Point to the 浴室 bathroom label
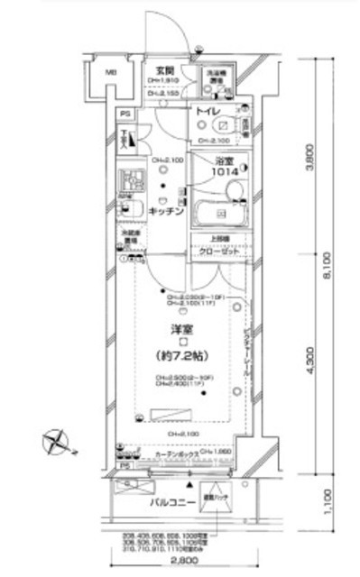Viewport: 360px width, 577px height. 225,160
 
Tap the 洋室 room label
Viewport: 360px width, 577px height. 181,330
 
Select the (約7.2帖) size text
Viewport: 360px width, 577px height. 183,356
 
